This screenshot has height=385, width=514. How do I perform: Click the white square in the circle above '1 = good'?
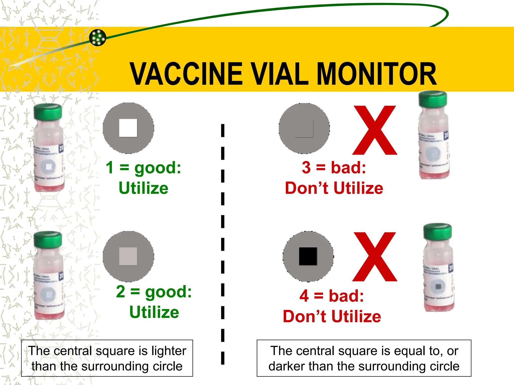tap(128, 128)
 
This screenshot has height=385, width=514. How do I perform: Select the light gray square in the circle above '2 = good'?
tap(128, 256)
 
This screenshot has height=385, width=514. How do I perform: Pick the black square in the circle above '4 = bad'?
tap(308, 256)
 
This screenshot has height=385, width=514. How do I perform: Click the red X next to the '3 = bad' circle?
tap(375, 130)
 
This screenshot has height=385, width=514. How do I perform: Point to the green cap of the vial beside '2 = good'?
tap(48, 240)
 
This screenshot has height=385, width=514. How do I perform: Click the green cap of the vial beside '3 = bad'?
tap(433, 99)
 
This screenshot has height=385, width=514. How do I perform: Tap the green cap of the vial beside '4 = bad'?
tap(437, 232)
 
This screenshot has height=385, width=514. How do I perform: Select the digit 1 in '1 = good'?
tap(110, 167)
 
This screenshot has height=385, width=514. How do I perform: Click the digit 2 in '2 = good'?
tap(120, 292)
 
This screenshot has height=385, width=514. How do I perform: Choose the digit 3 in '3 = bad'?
tap(306, 167)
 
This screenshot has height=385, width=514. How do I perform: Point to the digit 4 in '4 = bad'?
tap(304, 296)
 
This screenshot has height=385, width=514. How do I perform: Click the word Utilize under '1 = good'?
tap(143, 188)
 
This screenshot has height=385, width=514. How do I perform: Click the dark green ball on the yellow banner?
tap(98, 38)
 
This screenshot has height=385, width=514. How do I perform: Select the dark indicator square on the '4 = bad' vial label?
tap(438, 286)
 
